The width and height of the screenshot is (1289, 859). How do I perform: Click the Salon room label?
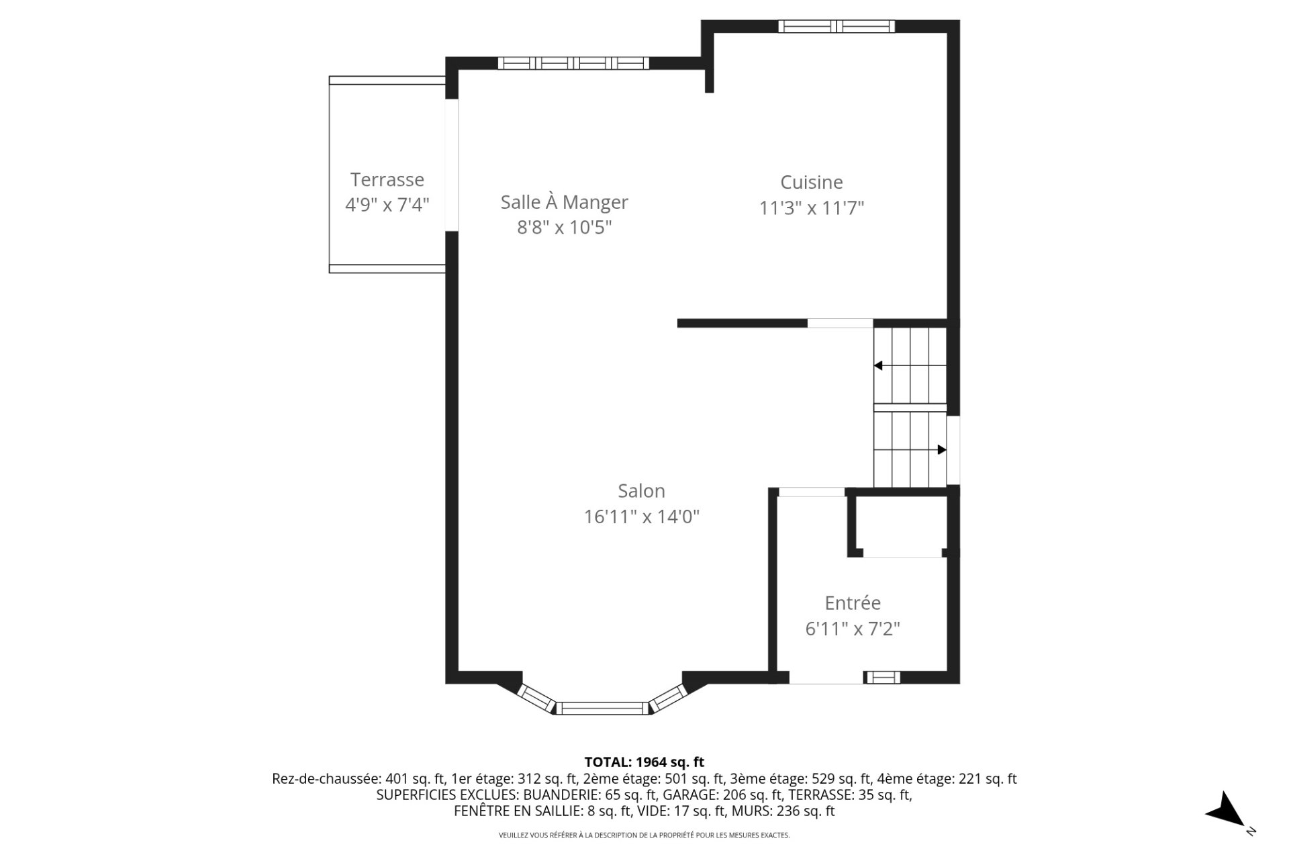click(x=641, y=491)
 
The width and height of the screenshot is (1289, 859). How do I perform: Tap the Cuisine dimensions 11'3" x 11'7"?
click(x=811, y=208)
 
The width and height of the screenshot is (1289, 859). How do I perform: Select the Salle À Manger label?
click(x=564, y=202)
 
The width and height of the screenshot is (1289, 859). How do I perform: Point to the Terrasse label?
click(x=387, y=180)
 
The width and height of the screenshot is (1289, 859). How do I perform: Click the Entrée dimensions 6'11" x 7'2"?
click(x=852, y=629)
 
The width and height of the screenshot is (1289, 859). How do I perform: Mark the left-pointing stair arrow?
click(x=878, y=366)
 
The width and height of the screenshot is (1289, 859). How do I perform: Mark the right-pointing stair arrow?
click(x=941, y=450)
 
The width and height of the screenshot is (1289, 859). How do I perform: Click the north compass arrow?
click(x=1228, y=809)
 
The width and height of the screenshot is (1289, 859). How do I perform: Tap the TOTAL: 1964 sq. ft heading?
click(x=644, y=762)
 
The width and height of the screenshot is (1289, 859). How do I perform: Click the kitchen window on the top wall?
click(x=836, y=27)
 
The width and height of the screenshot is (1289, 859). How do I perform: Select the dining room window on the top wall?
click(x=573, y=64)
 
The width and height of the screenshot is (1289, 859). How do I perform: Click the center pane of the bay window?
click(x=602, y=708)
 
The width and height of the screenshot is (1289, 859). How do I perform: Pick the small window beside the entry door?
click(x=881, y=678)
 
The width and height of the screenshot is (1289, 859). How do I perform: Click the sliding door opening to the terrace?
click(x=452, y=165)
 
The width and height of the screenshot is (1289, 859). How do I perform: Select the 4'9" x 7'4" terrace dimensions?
click(x=387, y=205)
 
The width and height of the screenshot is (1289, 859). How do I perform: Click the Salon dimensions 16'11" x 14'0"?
click(x=641, y=517)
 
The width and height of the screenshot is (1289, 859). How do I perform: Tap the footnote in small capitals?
click(x=644, y=835)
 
